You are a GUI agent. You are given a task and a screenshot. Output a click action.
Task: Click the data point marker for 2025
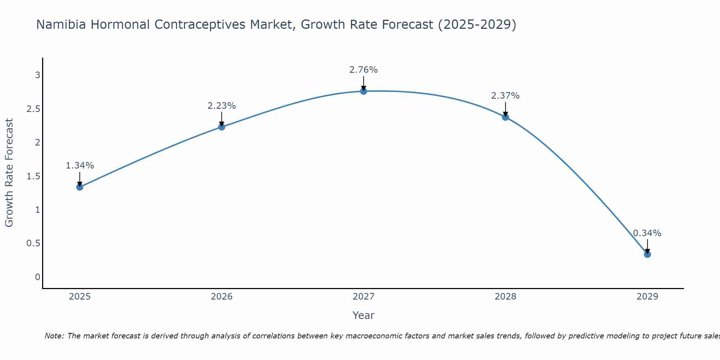(80, 187)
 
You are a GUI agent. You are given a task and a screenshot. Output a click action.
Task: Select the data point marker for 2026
(221, 127)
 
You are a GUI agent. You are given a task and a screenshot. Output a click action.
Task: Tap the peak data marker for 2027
(363, 91)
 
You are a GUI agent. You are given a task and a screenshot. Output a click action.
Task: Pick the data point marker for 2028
(505, 117)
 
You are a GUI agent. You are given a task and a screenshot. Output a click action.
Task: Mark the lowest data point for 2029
(647, 254)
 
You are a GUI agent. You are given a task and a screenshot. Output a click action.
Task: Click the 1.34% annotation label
(80, 166)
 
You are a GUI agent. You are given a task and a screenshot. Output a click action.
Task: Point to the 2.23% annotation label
(221, 106)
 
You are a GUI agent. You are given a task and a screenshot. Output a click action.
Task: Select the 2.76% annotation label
(363, 70)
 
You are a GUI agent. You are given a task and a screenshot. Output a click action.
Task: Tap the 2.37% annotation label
(505, 96)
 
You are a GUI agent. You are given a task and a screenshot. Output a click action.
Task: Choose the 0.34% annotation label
(647, 233)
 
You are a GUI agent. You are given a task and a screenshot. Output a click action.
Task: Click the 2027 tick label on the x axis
(363, 297)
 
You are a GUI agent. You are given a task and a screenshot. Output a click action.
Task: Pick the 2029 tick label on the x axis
(647, 297)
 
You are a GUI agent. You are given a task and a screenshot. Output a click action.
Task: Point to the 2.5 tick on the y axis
(33, 109)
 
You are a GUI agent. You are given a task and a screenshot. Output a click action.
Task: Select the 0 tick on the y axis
(37, 277)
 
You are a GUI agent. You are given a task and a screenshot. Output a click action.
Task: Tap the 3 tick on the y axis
(37, 75)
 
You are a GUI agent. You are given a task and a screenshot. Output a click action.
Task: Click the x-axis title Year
(363, 315)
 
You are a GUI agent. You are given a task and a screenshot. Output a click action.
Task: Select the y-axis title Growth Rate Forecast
(9, 173)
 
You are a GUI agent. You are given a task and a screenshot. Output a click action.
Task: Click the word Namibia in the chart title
(61, 24)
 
